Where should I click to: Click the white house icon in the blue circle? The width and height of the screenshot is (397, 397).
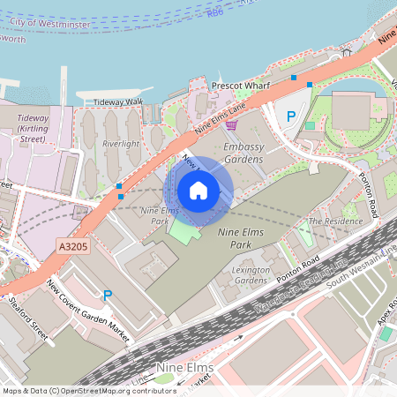[198, 190]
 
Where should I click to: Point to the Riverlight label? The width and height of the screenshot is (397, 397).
[121, 144]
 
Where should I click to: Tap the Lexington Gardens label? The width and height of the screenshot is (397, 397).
[250, 274]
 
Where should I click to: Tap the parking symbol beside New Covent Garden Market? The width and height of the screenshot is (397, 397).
[108, 296]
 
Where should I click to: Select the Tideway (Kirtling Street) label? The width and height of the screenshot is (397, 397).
[33, 128]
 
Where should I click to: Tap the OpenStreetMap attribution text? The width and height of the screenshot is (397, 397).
[88, 390]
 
